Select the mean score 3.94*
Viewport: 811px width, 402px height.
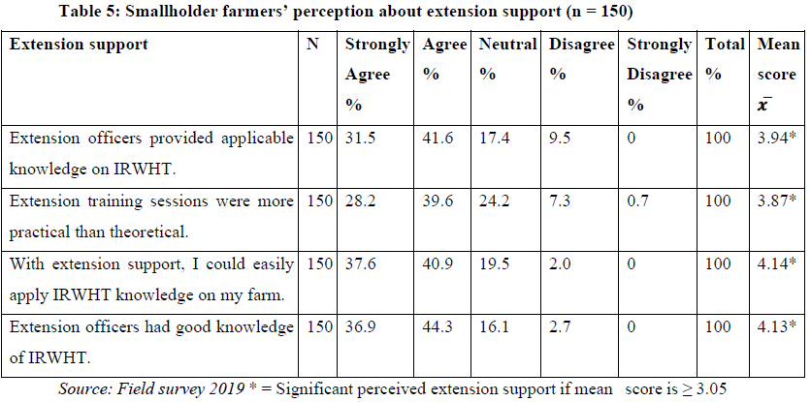(x=778, y=139)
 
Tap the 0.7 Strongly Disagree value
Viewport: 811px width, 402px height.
(x=637, y=201)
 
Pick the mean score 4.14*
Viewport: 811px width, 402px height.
(x=778, y=264)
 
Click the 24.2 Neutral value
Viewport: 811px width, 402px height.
(x=493, y=201)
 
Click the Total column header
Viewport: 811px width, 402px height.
(x=725, y=45)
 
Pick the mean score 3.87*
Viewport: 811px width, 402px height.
(x=778, y=201)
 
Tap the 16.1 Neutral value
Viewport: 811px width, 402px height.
(x=493, y=327)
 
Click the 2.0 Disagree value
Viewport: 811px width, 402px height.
(x=559, y=264)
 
